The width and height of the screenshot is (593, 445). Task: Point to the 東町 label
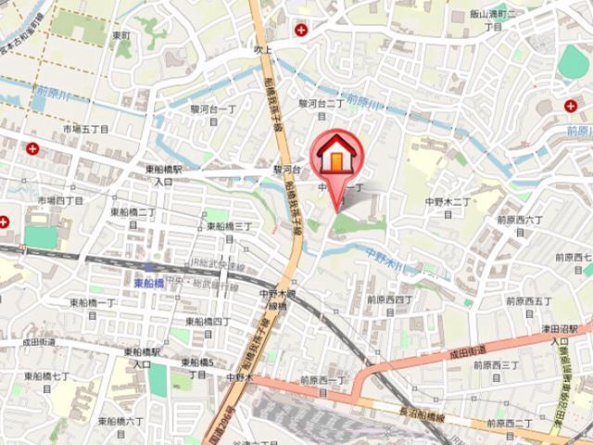click(121, 35)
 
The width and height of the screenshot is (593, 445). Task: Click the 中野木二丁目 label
click(448, 206)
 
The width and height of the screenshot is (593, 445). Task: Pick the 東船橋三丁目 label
click(228, 231)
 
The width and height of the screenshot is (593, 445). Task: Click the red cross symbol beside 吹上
click(300, 30)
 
